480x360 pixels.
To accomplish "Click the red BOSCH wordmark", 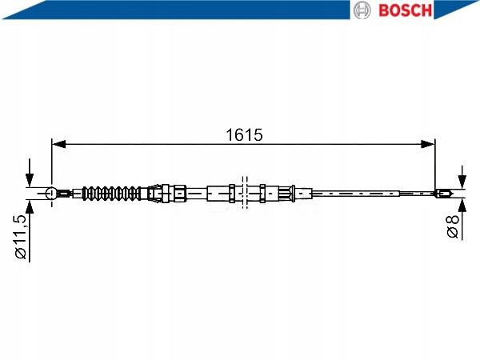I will point(404,10).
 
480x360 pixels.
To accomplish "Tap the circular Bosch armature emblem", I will point(362,10).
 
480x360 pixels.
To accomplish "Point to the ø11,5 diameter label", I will point(22,238).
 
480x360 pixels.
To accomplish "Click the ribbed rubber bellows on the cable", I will point(111,193).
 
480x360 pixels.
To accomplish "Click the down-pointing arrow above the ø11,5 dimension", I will point(30,178).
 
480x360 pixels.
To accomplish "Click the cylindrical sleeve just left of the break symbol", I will point(218,193).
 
